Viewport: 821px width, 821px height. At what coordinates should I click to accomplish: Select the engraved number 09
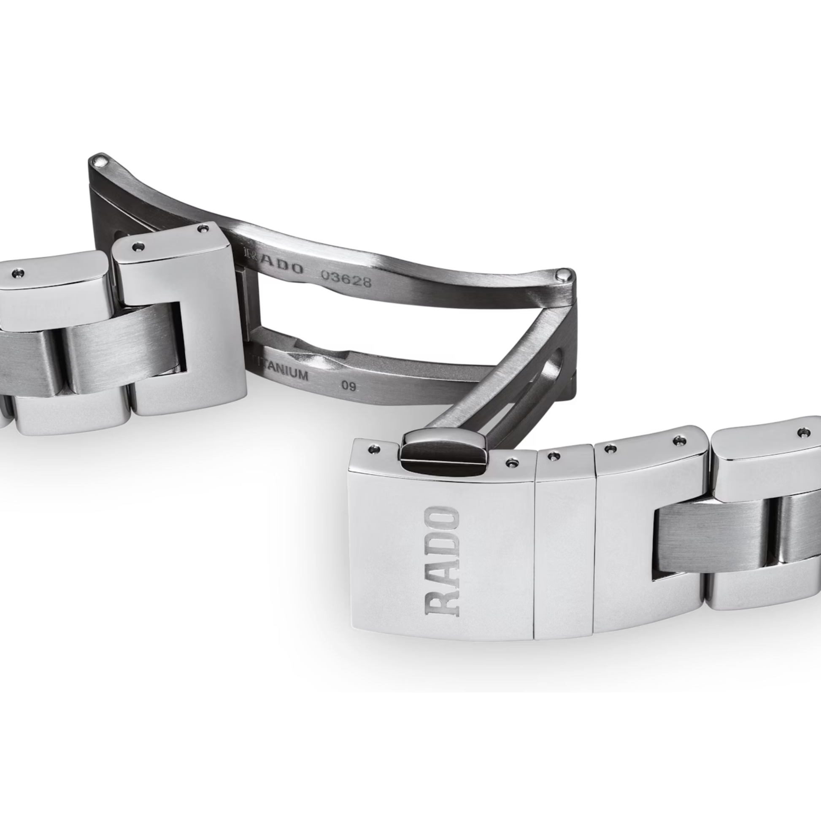pyautogui.click(x=349, y=386)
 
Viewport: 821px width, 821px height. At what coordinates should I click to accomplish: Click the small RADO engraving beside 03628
pyautogui.click(x=274, y=263)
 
